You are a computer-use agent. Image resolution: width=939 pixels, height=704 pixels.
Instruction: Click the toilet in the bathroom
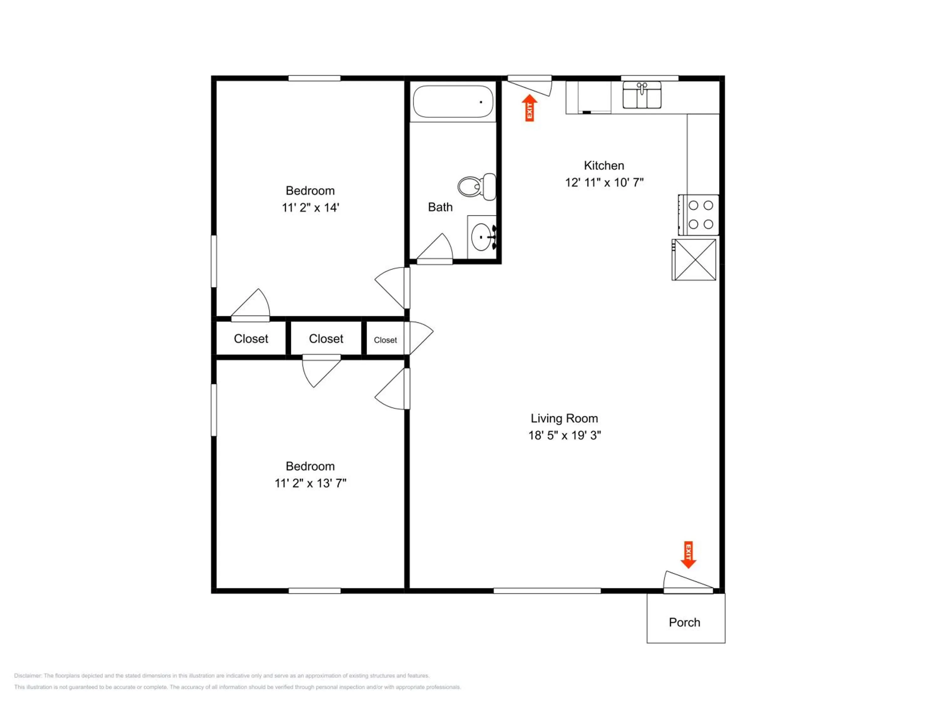[x=477, y=187]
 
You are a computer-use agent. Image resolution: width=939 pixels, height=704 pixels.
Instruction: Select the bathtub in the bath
[x=453, y=102]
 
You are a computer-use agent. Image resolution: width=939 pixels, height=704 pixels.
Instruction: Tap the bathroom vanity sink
[x=483, y=237]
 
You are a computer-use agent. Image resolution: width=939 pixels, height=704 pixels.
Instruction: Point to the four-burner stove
[x=698, y=215]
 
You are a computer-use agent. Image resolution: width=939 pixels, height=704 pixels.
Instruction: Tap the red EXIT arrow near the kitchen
[x=529, y=108]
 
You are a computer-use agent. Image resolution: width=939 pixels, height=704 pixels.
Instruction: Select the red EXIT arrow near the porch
[x=688, y=555]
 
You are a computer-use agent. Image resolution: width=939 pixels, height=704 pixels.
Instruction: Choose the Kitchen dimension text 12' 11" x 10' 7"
[x=604, y=182]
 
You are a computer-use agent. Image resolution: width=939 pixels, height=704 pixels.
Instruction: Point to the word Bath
[x=440, y=207]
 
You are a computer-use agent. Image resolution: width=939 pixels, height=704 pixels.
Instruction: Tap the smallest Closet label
[x=385, y=340]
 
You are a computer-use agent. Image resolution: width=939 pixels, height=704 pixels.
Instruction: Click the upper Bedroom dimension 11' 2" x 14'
[x=310, y=207]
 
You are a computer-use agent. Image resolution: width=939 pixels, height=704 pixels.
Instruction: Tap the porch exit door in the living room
[x=688, y=582]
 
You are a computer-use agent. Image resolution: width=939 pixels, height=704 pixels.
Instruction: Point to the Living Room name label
[x=564, y=418]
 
